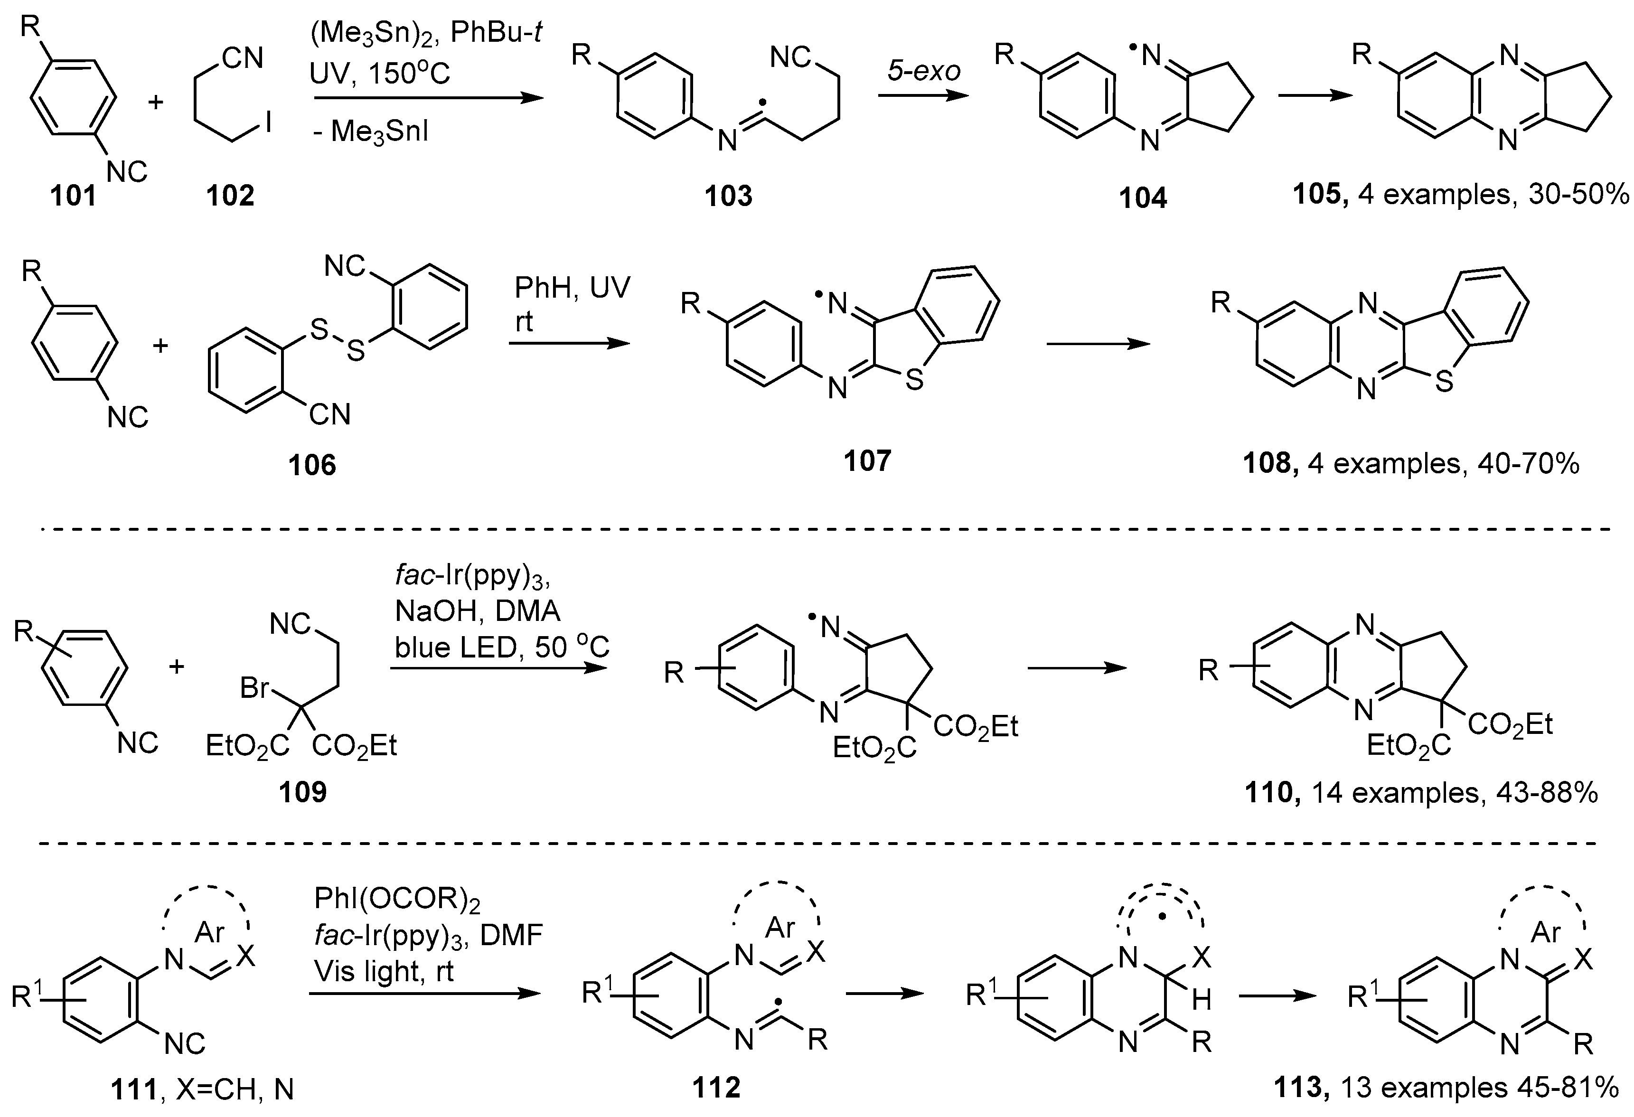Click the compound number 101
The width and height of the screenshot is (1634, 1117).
tap(73, 196)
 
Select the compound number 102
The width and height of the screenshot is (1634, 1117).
tap(230, 196)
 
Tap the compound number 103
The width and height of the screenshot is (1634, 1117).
tap(728, 196)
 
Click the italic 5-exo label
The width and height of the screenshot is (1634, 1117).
tap(923, 71)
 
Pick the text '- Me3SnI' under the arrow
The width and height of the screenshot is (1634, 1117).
tap(371, 132)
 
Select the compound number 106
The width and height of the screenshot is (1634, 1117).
tap(312, 465)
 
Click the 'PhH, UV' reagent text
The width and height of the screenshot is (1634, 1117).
tap(573, 288)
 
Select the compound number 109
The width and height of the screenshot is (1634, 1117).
tap(302, 793)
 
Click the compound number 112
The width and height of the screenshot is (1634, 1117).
tap(716, 1088)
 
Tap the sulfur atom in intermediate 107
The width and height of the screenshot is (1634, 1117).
tap(914, 382)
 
